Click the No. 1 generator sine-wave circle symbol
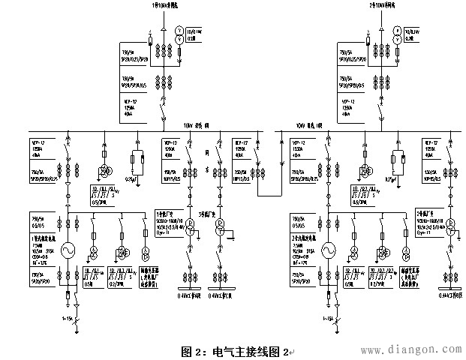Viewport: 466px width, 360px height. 69,250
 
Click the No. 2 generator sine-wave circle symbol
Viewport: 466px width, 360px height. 329,250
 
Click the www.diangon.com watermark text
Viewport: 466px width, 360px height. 407,349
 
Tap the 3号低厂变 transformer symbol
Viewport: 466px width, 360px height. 220,235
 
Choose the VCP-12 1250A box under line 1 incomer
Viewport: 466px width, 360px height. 134,105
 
